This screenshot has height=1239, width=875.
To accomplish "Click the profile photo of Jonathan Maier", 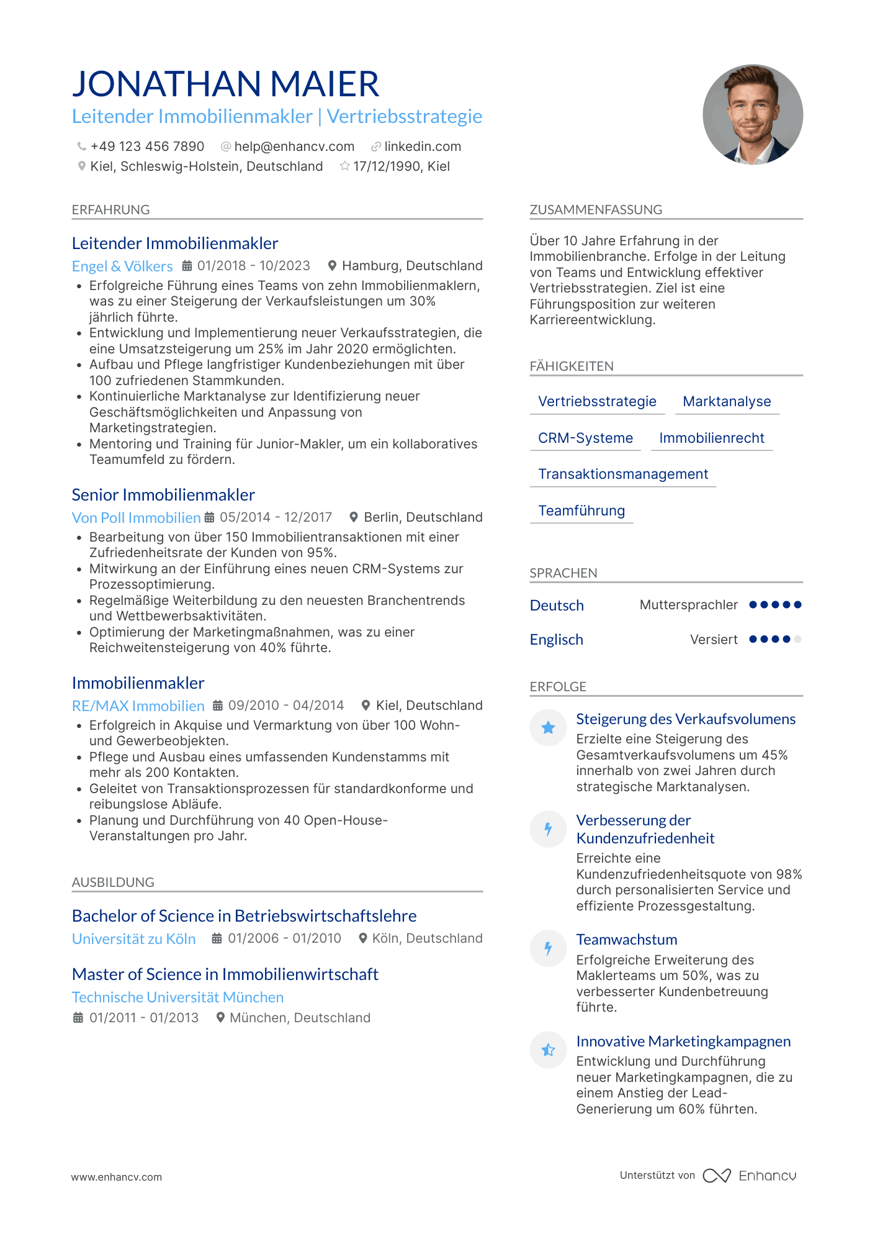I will click(x=752, y=115).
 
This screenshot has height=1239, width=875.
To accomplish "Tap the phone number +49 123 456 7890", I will click(x=147, y=147).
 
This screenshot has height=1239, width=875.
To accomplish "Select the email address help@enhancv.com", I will click(x=294, y=147).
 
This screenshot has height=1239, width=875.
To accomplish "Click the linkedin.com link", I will click(x=423, y=147).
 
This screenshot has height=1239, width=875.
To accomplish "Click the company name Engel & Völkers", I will click(x=122, y=266).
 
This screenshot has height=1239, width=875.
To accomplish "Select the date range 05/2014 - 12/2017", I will click(x=276, y=517).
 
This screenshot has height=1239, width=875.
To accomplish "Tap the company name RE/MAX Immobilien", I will click(x=138, y=706).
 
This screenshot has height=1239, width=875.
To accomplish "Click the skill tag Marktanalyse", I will click(x=727, y=402).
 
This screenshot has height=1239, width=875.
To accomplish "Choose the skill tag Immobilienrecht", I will click(x=711, y=438).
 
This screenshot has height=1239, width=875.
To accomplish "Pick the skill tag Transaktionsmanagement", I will click(x=622, y=474).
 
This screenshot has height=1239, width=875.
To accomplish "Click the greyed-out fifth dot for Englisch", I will click(x=797, y=639).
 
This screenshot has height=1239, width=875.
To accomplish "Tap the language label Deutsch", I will click(x=557, y=606).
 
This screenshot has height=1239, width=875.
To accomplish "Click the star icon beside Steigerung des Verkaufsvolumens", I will click(x=548, y=728).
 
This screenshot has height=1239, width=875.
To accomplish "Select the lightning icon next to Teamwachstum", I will click(x=548, y=948).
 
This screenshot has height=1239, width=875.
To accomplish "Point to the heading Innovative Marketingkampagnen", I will click(x=683, y=1042).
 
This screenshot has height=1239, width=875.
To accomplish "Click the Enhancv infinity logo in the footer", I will click(x=716, y=1176).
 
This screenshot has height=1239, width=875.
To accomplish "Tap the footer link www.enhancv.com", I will click(x=116, y=1177).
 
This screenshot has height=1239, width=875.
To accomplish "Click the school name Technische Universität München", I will click(x=177, y=997).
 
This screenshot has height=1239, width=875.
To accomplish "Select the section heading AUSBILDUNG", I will click(x=113, y=883).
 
